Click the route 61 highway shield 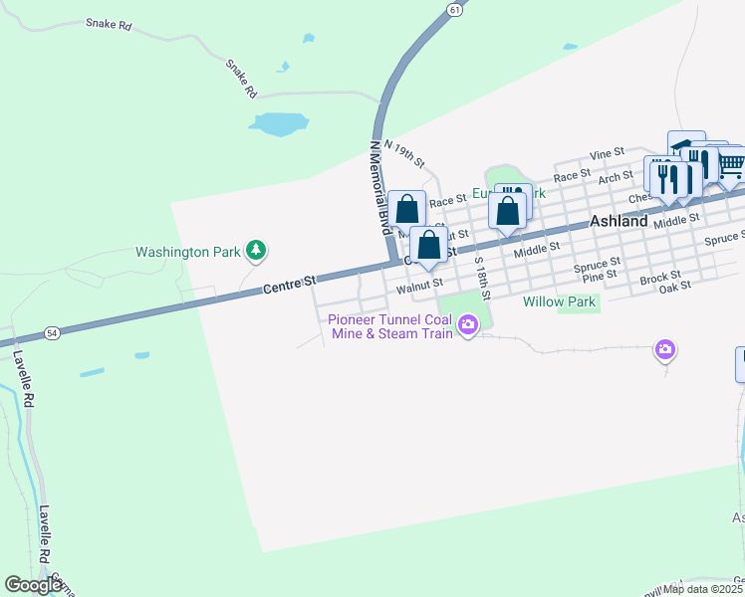click(454, 9)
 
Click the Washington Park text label click(187, 252)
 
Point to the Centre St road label click(290, 288)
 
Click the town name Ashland click(619, 221)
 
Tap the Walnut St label click(418, 287)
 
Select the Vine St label click(606, 155)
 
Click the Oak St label click(675, 285)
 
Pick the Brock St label click(660, 275)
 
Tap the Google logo click(33, 585)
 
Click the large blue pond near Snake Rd click(278, 123)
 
